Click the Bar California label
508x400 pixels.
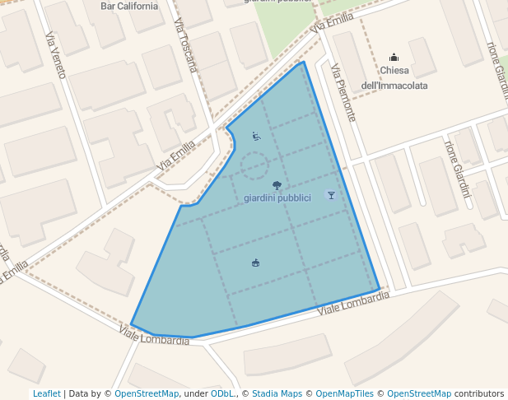pos(128,6)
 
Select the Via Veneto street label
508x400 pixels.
pos(55,55)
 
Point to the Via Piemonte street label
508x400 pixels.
pos(343,93)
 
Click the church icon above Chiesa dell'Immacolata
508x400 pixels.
pos(394,58)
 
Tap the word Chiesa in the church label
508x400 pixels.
pos(394,71)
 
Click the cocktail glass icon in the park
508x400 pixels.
pos(331,195)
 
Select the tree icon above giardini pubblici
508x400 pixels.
pos(277,185)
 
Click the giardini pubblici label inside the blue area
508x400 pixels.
pos(277,198)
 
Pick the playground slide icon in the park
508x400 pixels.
pos(256,137)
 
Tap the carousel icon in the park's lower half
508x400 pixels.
pos(256,263)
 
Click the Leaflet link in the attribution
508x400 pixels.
pos(46,394)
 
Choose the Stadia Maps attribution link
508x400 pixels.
pos(277,394)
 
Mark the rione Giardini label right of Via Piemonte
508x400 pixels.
pos(456,168)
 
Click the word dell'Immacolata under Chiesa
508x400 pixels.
pos(394,85)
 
